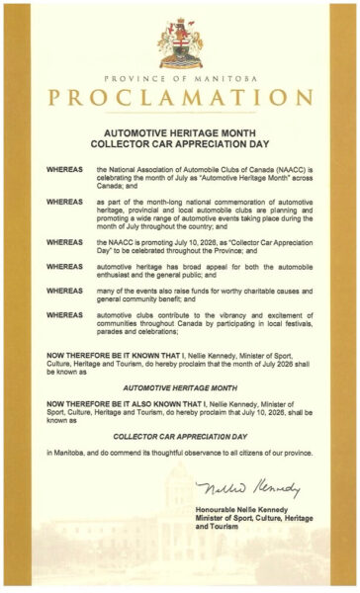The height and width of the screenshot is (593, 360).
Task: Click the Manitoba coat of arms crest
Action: pos(180,42)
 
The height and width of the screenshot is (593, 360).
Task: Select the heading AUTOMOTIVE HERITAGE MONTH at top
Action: pos(180,129)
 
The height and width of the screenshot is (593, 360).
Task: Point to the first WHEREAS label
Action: pos(64,170)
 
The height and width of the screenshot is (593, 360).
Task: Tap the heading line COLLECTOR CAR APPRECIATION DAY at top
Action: pos(180,140)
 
